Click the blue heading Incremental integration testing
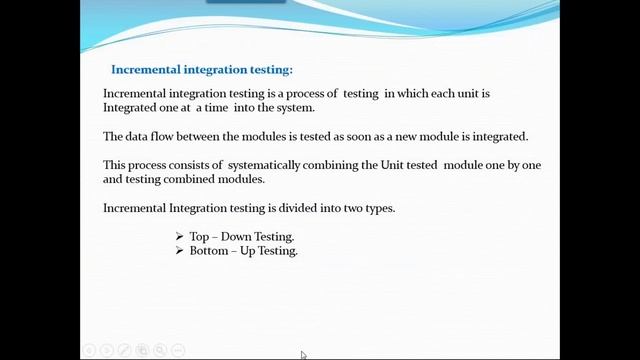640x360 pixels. (x=202, y=70)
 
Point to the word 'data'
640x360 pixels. (x=139, y=136)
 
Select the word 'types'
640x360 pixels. (x=375, y=208)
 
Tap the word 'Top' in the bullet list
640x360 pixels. (x=199, y=237)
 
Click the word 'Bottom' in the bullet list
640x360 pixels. (x=208, y=251)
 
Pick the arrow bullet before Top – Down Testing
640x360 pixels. (x=179, y=237)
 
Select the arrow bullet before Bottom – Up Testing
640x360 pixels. (x=179, y=251)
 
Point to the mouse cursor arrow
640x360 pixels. (x=303, y=354)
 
